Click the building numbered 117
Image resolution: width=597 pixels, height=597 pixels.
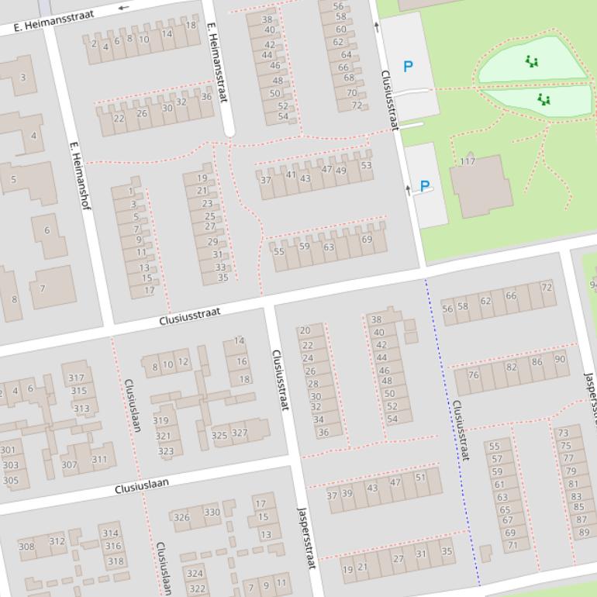point(468,162)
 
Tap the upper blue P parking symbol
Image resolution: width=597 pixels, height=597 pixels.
point(408,67)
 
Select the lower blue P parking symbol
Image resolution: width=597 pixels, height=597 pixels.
point(424,186)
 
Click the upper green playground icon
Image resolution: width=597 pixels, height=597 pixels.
point(531,61)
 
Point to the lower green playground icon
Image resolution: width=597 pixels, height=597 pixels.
point(544,99)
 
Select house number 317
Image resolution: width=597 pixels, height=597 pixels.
point(76,378)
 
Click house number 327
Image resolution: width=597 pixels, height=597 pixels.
point(240,433)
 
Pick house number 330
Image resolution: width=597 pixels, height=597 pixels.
point(212,512)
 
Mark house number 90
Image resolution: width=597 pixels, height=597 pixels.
point(560,360)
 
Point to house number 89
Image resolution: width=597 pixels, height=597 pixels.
point(584,533)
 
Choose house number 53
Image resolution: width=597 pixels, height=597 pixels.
point(366,165)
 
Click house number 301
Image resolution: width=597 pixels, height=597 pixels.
point(8,450)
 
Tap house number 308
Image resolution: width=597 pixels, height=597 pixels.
point(26,547)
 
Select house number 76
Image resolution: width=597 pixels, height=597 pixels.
point(473,375)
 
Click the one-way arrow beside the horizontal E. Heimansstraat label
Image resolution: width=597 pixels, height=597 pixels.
point(125,8)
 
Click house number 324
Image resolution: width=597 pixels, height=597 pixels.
point(195,575)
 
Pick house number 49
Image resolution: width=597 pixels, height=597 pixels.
point(341,171)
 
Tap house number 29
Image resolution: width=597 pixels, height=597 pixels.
point(212,242)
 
